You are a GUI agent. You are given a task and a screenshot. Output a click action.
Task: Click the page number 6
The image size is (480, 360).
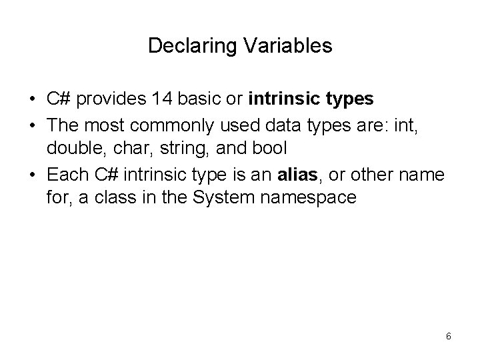point(448,336)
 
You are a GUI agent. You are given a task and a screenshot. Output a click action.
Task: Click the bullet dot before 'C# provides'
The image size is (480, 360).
point(32,100)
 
